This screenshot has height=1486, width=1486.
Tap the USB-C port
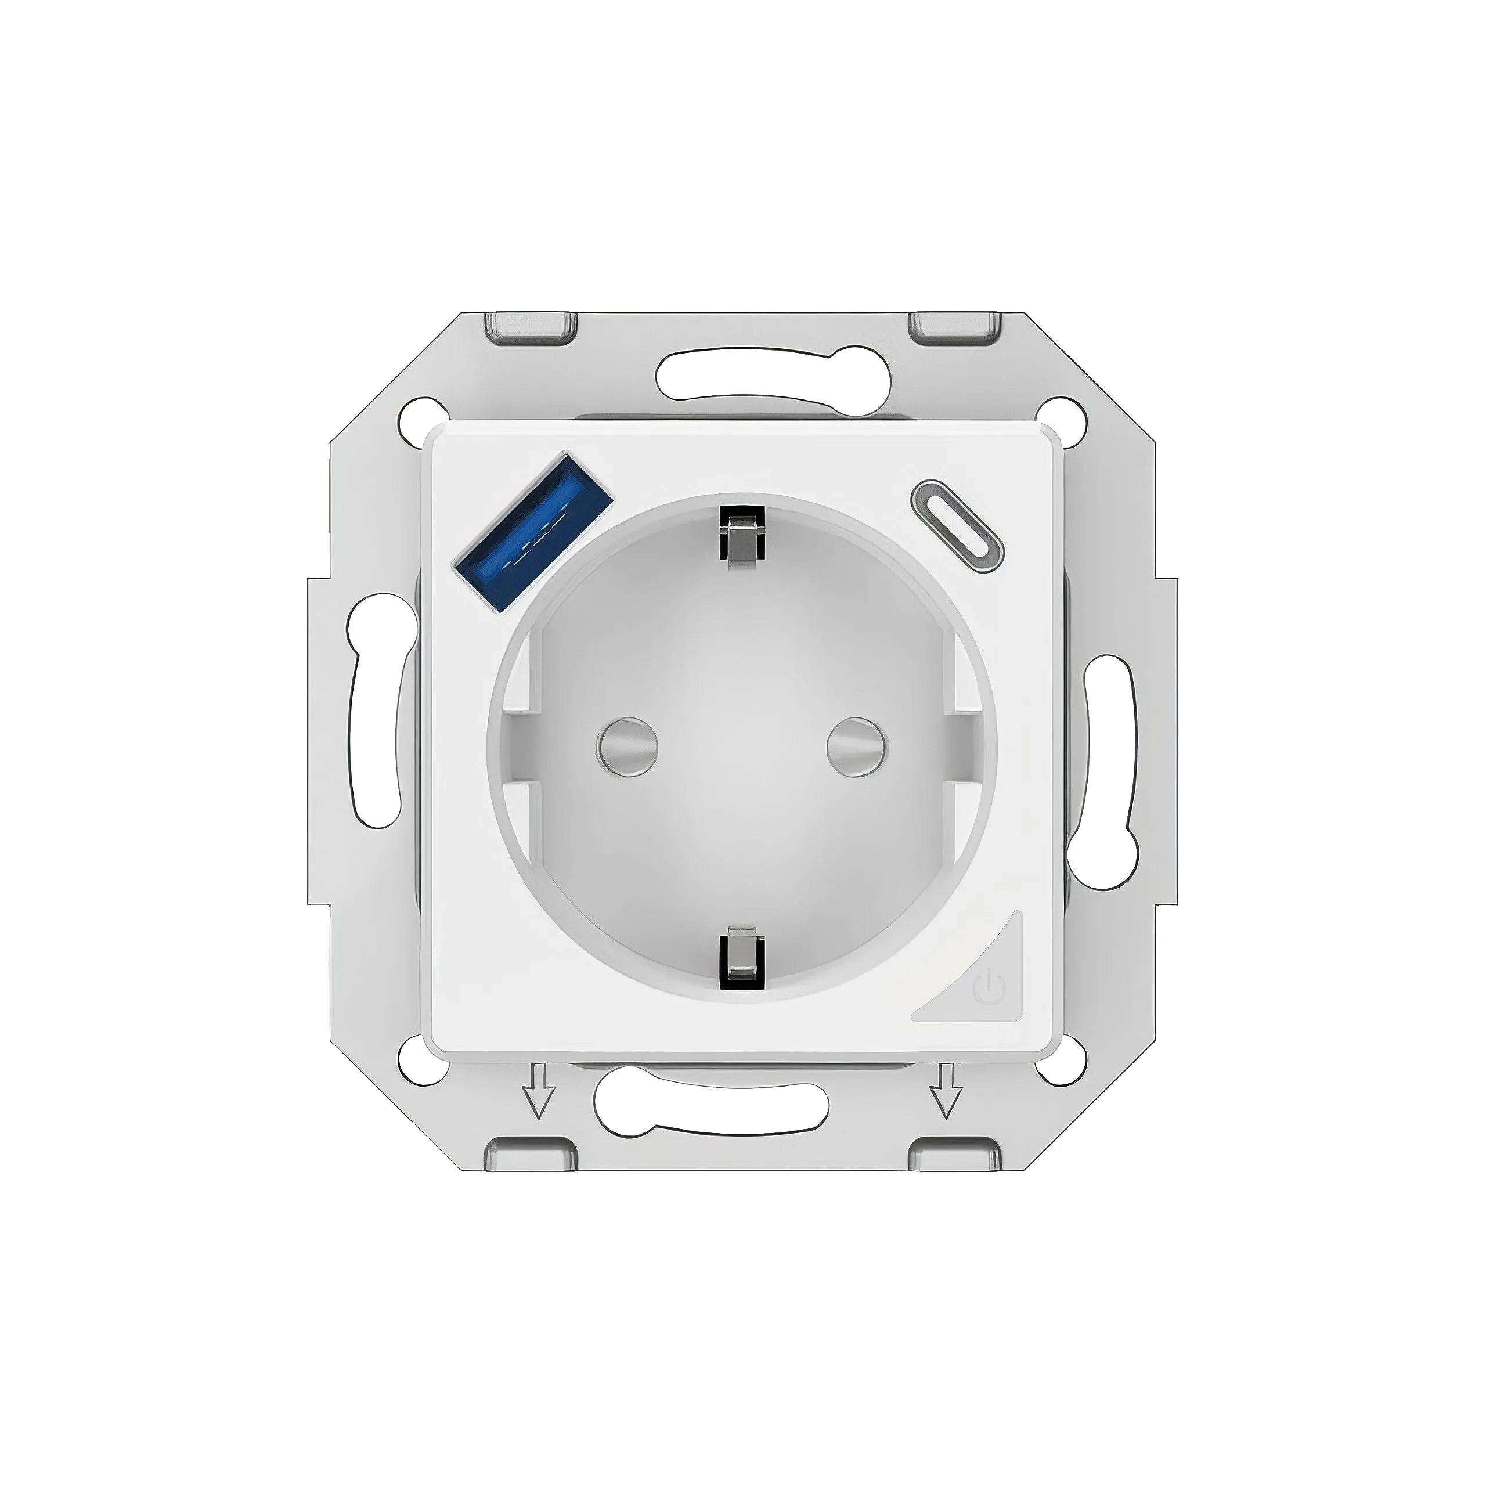coord(958,527)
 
